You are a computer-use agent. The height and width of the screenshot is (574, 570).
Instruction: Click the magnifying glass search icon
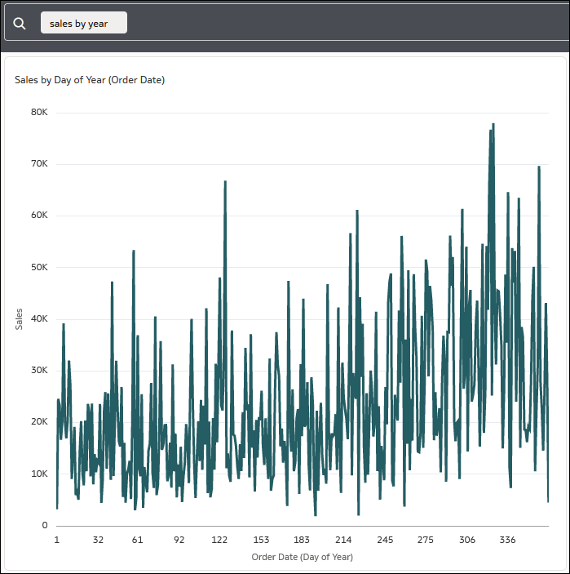coord(20,24)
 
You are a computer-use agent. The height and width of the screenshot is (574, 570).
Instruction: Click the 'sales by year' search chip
coord(84,24)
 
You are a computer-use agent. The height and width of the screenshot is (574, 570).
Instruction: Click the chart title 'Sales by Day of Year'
coord(90,80)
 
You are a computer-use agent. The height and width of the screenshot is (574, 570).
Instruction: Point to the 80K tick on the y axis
coord(39,112)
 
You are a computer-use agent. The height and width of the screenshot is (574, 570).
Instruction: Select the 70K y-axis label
coord(39,164)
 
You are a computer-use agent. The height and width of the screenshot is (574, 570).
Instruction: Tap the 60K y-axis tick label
coord(39,216)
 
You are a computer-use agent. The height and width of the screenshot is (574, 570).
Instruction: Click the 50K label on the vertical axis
coord(39,267)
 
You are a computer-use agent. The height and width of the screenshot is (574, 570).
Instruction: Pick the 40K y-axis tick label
coord(39,319)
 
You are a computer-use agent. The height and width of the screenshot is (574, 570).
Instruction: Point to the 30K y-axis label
coord(39,371)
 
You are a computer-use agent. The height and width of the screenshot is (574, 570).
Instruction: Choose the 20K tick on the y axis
coord(39,422)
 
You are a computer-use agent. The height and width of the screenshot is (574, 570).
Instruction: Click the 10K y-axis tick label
coord(39,474)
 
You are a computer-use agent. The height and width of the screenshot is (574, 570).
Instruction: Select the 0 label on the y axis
coord(45,526)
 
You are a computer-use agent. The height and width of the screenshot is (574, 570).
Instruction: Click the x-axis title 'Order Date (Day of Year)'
coord(302,557)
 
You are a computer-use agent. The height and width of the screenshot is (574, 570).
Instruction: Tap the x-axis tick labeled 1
coord(56,541)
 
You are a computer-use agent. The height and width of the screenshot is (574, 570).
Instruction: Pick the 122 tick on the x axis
coord(219,541)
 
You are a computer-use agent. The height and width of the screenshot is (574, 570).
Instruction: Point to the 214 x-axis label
coord(343,541)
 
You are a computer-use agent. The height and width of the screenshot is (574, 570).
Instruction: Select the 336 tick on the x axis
coord(507,541)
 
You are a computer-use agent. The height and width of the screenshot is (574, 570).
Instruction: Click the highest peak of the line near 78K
coord(493,125)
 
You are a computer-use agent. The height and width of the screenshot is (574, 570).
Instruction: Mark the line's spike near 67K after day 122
coord(225,182)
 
